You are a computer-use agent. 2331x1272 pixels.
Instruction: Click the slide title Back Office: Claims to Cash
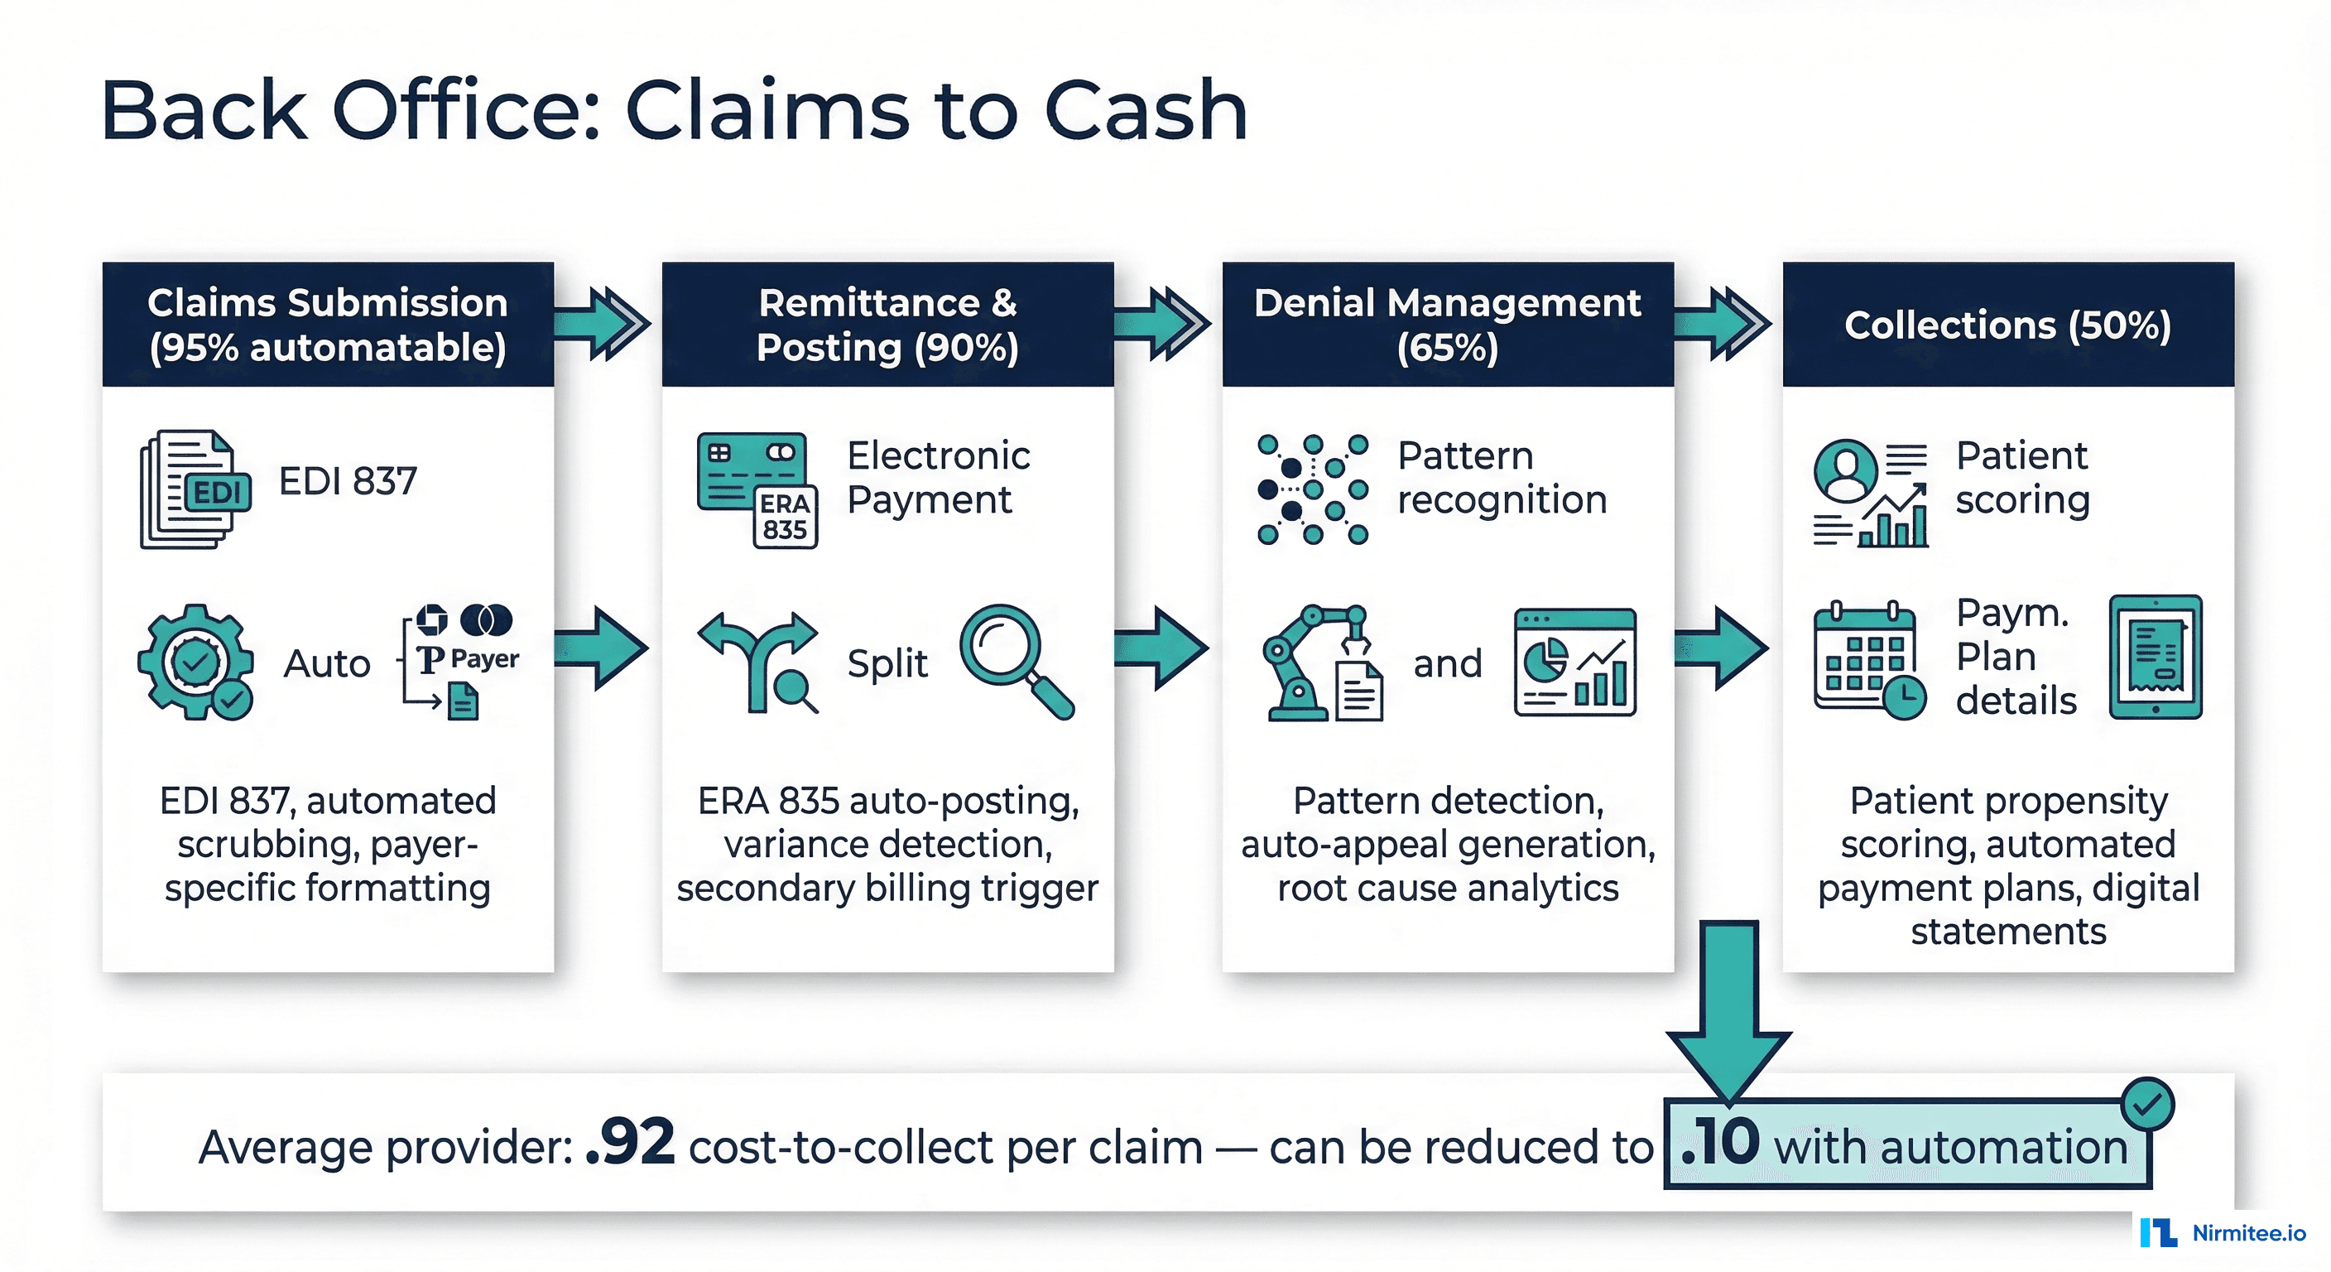674,110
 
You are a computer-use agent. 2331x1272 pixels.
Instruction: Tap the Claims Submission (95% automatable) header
328,324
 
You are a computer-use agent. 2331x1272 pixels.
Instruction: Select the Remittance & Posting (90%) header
887,324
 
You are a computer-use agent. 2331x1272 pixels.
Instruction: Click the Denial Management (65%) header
1447,324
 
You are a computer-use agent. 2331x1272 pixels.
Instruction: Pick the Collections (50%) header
2007,324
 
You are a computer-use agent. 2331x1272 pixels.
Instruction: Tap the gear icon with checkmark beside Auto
195,662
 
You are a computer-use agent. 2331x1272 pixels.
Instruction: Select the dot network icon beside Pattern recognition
1312,489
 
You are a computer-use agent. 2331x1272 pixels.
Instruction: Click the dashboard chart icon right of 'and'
1574,662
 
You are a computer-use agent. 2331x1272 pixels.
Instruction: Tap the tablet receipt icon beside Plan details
2156,658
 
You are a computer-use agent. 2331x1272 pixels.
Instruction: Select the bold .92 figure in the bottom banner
630,1143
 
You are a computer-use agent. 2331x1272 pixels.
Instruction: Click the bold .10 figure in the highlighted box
1719,1143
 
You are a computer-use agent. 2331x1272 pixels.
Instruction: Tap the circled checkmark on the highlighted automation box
2147,1104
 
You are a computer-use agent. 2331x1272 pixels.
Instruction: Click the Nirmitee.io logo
2223,1232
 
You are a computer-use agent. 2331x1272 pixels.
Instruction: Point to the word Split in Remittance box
887,663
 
